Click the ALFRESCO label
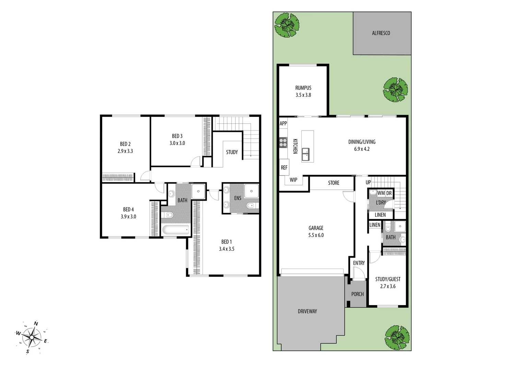pyautogui.click(x=381, y=33)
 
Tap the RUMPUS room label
pyautogui.click(x=303, y=88)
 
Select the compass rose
pyautogui.click(x=32, y=337)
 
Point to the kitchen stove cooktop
pyautogui.click(x=283, y=142)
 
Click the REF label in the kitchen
pyautogui.click(x=284, y=168)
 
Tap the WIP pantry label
pyautogui.click(x=293, y=180)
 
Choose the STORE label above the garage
pyautogui.click(x=333, y=183)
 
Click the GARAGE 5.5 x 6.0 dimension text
pyautogui.click(x=316, y=235)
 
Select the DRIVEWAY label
pyautogui.click(x=307, y=311)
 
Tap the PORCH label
pyautogui.click(x=357, y=294)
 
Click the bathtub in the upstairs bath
pyautogui.click(x=176, y=229)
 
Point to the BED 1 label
pyautogui.click(x=226, y=242)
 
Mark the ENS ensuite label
pyautogui.click(x=238, y=198)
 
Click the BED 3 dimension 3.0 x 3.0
pyautogui.click(x=177, y=143)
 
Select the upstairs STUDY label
pyautogui.click(x=232, y=152)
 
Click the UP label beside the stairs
pyautogui.click(x=368, y=182)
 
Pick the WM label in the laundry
pyautogui.click(x=381, y=193)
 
